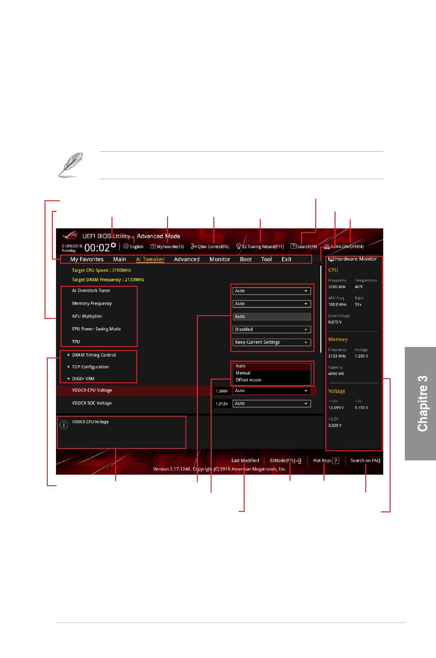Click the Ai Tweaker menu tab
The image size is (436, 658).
tap(150, 259)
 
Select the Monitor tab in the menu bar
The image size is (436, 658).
tap(220, 259)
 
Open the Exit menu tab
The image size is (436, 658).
tap(286, 259)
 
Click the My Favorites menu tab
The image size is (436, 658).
tap(87, 259)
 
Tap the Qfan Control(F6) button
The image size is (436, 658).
tap(210, 247)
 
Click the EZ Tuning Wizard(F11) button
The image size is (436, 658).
tap(260, 247)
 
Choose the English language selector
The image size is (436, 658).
tap(134, 247)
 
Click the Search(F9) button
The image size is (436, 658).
tap(304, 247)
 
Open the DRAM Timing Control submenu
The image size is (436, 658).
tap(94, 355)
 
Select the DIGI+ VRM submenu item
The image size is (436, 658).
tap(83, 379)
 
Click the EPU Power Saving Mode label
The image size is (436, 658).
tap(96, 329)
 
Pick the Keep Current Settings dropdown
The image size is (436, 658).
tap(271, 342)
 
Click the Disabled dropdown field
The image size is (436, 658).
tap(271, 329)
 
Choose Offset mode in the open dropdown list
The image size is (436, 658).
tap(248, 380)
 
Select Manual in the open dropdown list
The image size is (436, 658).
tap(243, 373)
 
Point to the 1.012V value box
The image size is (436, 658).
tap(222, 404)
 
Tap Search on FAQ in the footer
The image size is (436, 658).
tap(365, 460)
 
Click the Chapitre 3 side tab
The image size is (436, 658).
tap(421, 403)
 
